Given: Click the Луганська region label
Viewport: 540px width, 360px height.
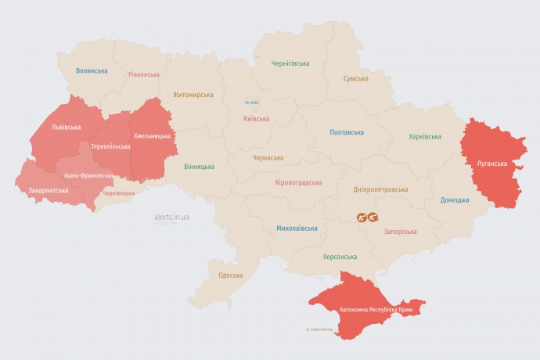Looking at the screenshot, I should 493,164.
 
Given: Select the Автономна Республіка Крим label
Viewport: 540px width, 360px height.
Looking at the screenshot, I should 376,310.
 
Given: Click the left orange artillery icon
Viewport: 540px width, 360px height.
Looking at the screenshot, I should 362,217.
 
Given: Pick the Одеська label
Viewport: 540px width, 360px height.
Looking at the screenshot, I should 230,275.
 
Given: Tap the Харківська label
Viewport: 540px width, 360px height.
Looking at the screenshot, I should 424,136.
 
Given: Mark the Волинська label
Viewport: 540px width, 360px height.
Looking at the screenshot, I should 92,70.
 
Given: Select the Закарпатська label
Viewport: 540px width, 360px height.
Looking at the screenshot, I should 48,190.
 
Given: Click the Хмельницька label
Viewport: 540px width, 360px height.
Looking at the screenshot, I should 152,136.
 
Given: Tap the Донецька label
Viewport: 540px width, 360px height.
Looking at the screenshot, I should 455,200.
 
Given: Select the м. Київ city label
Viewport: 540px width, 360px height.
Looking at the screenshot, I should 252,102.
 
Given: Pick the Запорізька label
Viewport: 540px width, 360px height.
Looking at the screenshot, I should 400,231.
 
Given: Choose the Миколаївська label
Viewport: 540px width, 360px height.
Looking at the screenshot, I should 297,229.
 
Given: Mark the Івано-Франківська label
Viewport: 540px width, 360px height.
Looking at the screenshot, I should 88,175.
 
